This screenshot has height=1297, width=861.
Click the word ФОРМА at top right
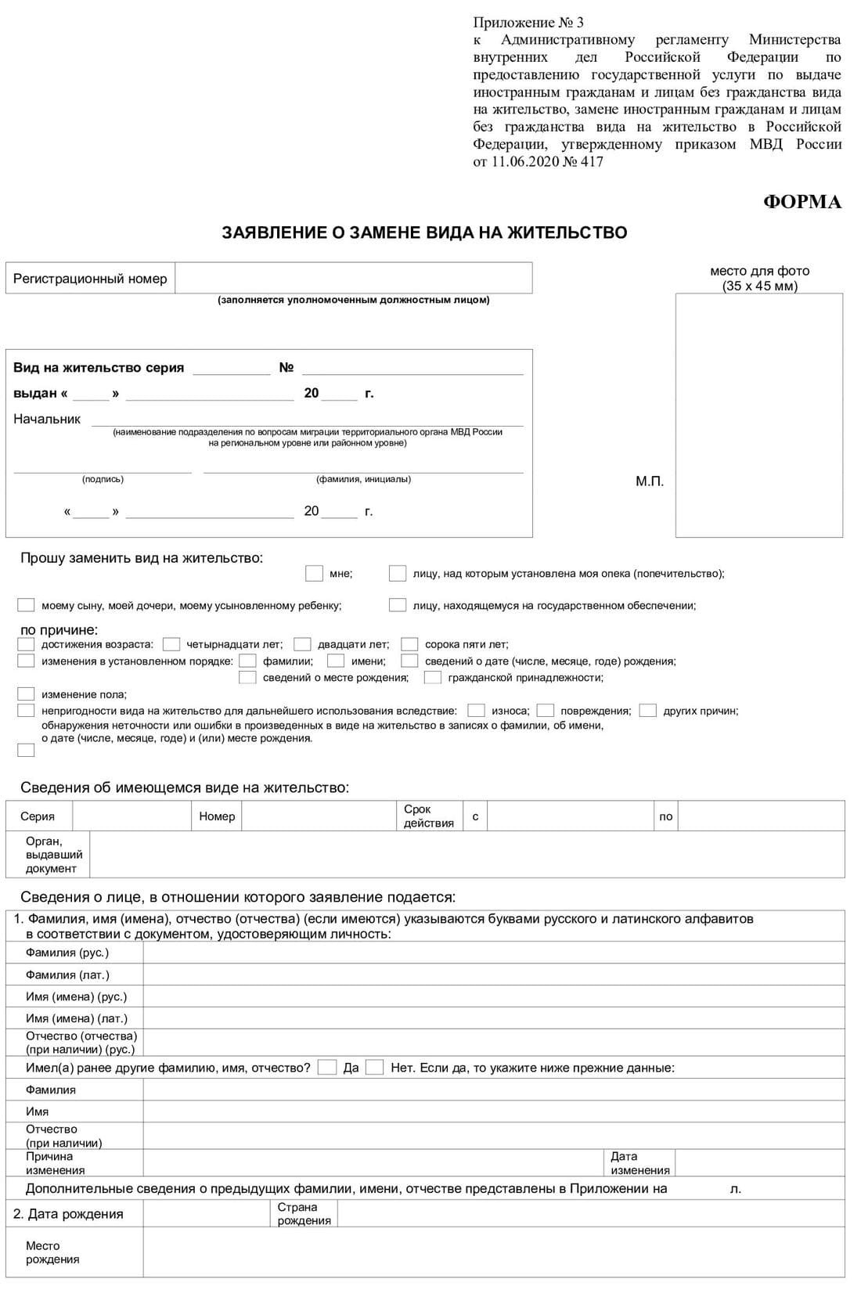pyautogui.click(x=802, y=202)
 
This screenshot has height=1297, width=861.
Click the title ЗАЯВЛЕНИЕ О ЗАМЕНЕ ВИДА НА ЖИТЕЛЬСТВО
pyautogui.click(x=424, y=232)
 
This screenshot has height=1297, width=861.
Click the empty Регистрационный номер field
pyautogui.click(x=353, y=278)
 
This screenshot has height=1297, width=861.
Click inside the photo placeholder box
pyautogui.click(x=758, y=415)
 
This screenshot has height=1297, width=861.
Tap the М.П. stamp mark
pyautogui.click(x=649, y=481)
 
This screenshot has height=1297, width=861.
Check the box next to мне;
pyautogui.click(x=314, y=574)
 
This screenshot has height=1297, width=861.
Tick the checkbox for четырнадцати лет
pyautogui.click(x=171, y=644)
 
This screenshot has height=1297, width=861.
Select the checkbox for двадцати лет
pyautogui.click(x=302, y=644)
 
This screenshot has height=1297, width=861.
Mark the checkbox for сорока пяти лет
pyautogui.click(x=409, y=644)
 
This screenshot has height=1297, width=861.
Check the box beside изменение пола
pyautogui.click(x=26, y=694)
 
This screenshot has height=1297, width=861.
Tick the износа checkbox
pyautogui.click(x=475, y=711)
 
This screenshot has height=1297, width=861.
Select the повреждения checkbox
pyautogui.click(x=545, y=711)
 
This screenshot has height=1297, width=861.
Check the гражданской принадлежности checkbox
pyautogui.click(x=432, y=678)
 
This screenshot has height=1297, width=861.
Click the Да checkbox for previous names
pyautogui.click(x=327, y=1068)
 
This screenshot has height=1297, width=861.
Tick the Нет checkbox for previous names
pyautogui.click(x=375, y=1068)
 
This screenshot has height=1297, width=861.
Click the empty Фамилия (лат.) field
pyautogui.click(x=493, y=975)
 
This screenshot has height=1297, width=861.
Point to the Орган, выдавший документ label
pyautogui.click(x=53, y=855)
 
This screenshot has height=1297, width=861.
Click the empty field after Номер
pyautogui.click(x=319, y=816)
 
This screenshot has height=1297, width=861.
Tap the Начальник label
pyautogui.click(x=47, y=419)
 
